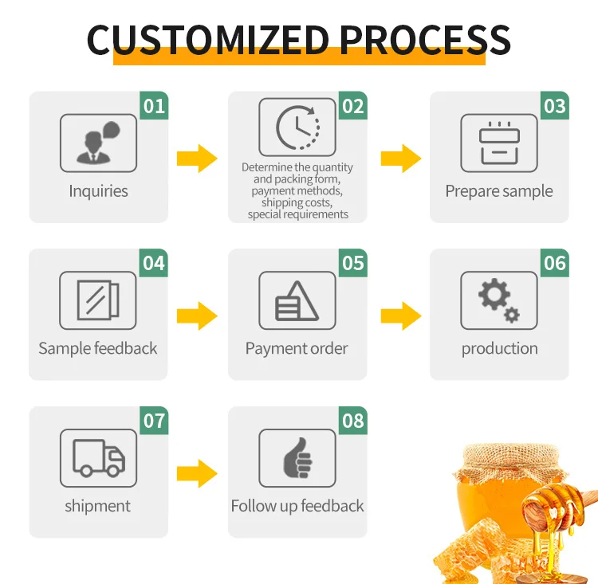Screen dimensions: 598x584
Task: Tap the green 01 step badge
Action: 154,106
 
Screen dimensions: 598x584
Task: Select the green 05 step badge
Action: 352,263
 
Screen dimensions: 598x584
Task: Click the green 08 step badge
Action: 352,421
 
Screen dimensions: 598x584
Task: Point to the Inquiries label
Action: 98,191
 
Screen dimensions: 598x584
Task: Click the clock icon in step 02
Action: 297,127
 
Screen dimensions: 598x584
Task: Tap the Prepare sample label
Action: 499,191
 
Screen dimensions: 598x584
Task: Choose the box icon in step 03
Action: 499,143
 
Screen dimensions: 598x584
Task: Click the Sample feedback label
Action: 98,348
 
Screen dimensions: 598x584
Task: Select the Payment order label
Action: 297,348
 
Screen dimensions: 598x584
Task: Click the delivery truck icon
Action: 98,457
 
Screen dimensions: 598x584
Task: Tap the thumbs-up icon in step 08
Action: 297,457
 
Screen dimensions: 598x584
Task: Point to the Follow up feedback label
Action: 297,506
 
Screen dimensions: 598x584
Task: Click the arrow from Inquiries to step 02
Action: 197,159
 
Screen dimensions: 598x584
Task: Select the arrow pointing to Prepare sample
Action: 400,159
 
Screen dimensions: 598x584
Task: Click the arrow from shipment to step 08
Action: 197,474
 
